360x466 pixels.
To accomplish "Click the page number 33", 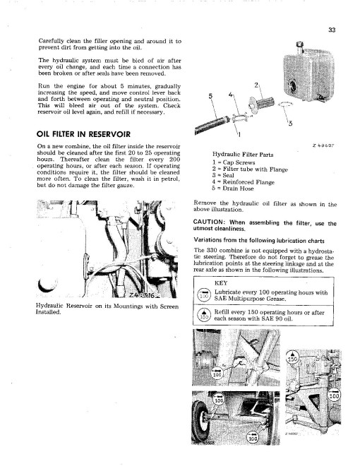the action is [x=332, y=30].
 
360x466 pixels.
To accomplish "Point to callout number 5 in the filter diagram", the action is [x=210, y=96].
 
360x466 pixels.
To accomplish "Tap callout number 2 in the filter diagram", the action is [x=256, y=85].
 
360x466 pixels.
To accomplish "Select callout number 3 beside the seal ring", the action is [x=290, y=124].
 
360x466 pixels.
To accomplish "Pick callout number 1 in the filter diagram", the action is [x=239, y=134].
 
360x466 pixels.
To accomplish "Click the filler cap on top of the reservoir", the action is [x=299, y=45].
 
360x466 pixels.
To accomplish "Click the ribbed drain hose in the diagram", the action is [x=212, y=125].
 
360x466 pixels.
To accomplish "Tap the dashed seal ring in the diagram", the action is [x=285, y=104].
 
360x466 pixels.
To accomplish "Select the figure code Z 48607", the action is [x=323, y=145].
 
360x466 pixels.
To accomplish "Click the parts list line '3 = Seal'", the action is [x=223, y=175].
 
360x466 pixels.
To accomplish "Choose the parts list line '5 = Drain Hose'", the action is [x=233, y=189].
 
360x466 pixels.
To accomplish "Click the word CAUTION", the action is [x=208, y=222].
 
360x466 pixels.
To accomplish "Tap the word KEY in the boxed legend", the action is [x=221, y=283].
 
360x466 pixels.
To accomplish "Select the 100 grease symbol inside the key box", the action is [x=204, y=294].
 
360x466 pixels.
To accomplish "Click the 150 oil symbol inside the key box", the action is [x=204, y=314].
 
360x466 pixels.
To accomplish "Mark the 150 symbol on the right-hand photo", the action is [x=292, y=357].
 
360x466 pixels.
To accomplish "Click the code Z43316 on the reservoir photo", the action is [x=142, y=295].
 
